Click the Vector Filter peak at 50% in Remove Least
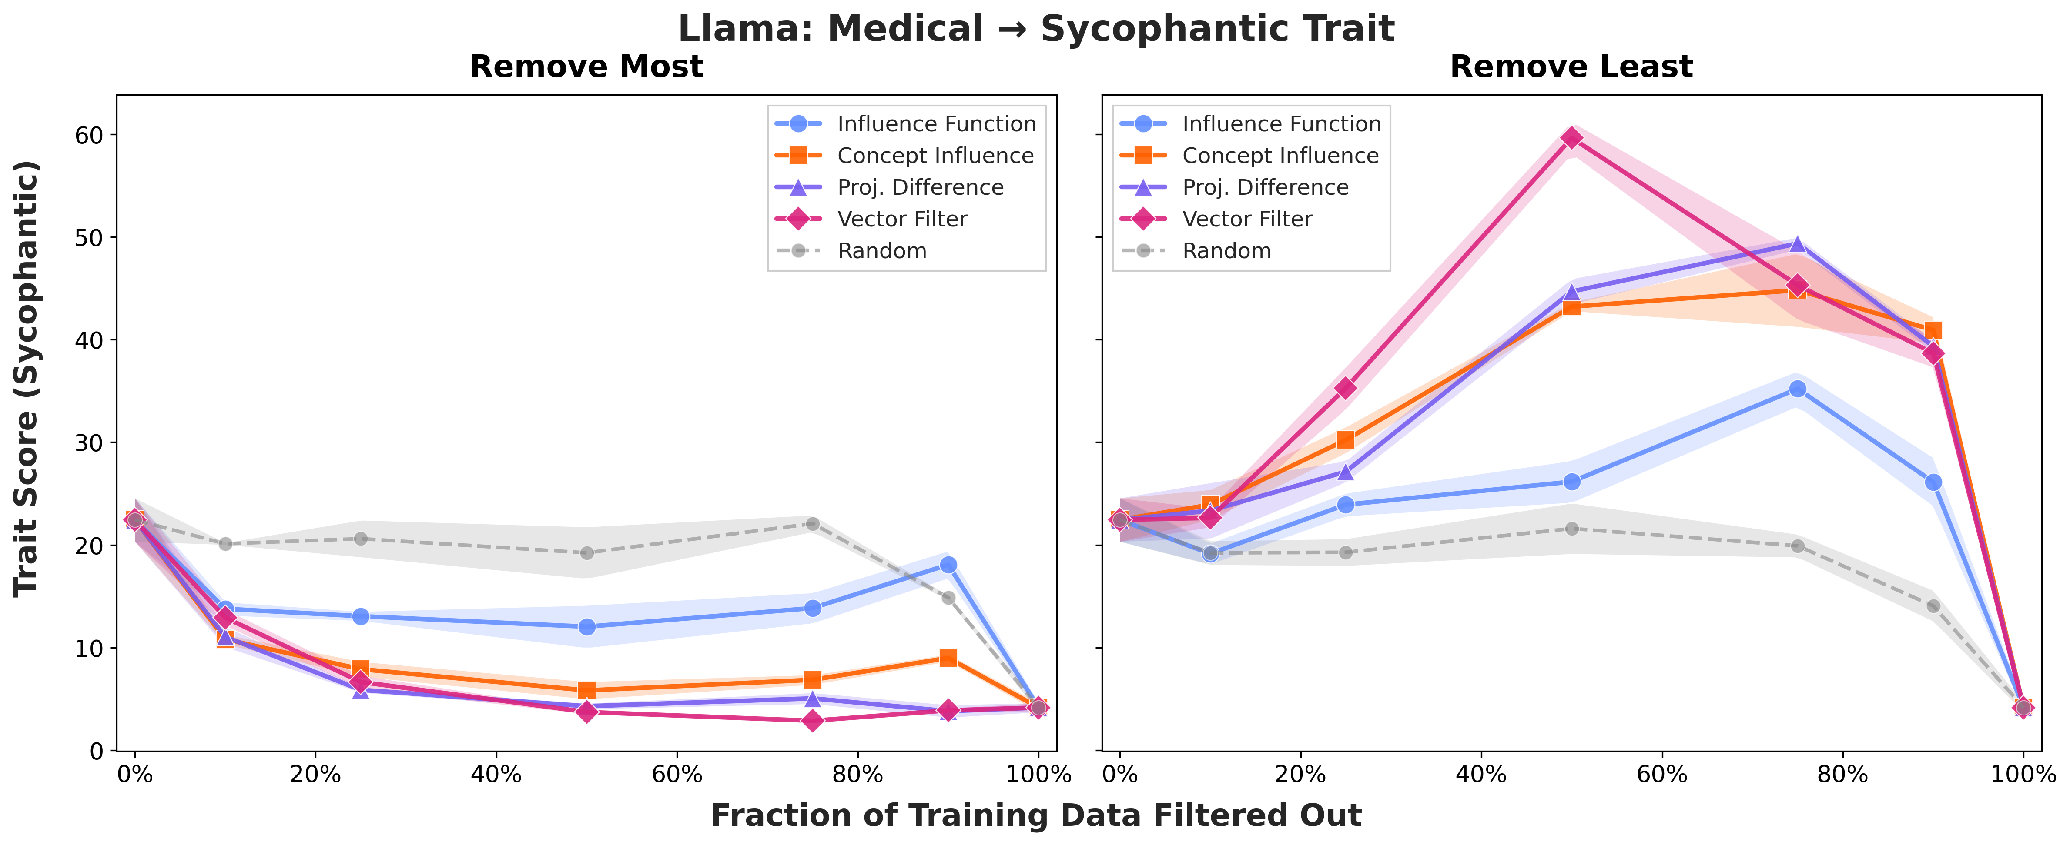point(1572,138)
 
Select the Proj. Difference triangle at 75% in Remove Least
point(1798,244)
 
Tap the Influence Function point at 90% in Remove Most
point(948,565)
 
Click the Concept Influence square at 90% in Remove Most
point(948,658)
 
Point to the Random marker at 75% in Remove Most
point(812,524)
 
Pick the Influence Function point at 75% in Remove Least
point(1798,389)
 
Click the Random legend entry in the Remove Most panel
point(881,251)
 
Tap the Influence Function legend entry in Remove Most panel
point(936,124)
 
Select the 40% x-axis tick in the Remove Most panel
point(496,774)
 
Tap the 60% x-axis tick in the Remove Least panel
point(1662,774)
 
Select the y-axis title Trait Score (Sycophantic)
point(27,378)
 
